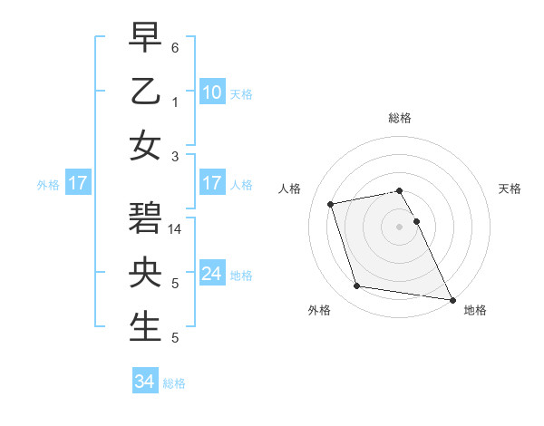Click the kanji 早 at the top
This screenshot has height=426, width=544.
(145, 37)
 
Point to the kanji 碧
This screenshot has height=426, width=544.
(145, 220)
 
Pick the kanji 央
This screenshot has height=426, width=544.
(145, 273)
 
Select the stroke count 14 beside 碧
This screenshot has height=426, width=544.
(175, 229)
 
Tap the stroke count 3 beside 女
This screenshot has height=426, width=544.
(175, 156)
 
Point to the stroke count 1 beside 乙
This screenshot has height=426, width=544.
(175, 102)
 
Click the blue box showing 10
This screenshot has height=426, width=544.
(211, 92)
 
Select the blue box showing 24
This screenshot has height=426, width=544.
(211, 274)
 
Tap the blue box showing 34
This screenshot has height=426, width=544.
(144, 382)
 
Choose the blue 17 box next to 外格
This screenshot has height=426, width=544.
(77, 183)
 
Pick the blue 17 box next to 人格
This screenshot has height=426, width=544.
(211, 183)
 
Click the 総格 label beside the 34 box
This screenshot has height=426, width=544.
(175, 383)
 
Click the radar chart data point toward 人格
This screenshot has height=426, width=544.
(331, 203)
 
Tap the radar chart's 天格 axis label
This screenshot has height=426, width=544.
(510, 189)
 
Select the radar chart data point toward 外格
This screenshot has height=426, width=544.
(357, 286)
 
